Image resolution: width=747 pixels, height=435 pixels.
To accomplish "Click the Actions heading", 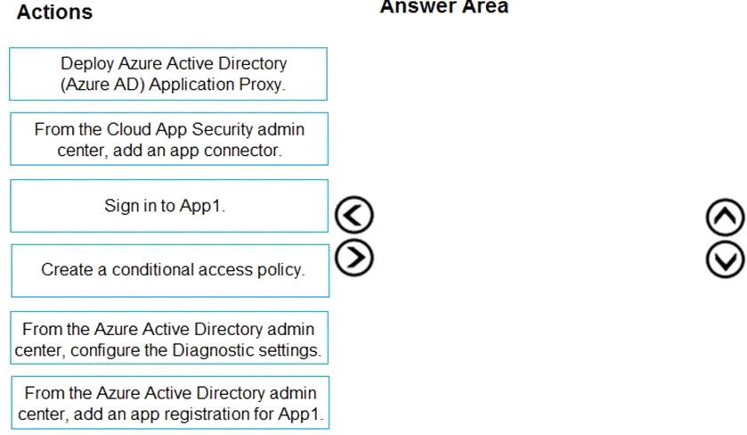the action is (x=55, y=12).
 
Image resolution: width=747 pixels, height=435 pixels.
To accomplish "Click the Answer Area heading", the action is (x=444, y=6).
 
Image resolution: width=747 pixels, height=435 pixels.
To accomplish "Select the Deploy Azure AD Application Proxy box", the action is (x=168, y=74).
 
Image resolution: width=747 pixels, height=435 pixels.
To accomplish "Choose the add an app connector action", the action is (x=169, y=139).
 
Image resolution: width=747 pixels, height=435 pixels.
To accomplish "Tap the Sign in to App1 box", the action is (x=169, y=206).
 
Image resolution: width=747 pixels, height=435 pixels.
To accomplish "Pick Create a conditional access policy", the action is (x=170, y=270).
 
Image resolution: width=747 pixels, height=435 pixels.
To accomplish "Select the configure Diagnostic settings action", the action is (x=169, y=338).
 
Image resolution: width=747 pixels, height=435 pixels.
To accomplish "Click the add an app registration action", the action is (x=170, y=403).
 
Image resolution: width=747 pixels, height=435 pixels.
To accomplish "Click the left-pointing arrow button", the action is (x=354, y=215).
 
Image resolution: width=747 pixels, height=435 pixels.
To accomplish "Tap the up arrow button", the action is (x=725, y=217).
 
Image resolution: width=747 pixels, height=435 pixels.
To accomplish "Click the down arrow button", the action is (x=725, y=259).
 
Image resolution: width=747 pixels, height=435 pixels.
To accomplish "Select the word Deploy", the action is (x=87, y=64).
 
